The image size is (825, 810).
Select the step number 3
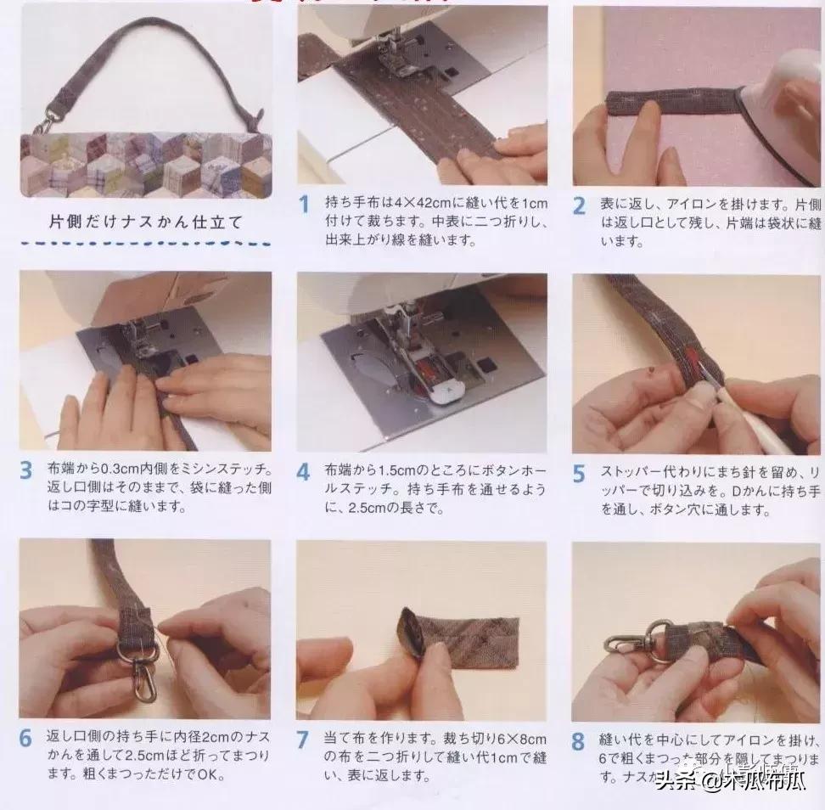27,470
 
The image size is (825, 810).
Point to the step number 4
304,472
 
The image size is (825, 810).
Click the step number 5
580,474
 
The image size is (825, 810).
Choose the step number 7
304,740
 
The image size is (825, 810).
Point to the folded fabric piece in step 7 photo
463,633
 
